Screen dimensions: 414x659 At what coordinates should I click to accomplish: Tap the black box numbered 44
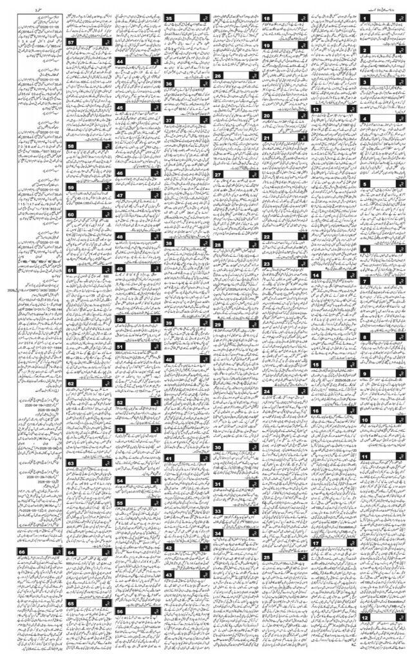pyautogui.click(x=120, y=60)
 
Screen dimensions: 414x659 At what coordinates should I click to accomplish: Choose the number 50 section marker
pyautogui.click(x=120, y=319)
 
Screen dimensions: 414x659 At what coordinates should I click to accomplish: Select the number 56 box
pyautogui.click(x=120, y=611)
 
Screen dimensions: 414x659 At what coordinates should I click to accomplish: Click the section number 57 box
pyautogui.click(x=72, y=42)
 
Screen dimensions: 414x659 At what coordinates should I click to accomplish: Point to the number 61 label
pyautogui.click(x=72, y=270)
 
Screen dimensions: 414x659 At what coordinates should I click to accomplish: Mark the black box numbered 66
pyautogui.click(x=23, y=552)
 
